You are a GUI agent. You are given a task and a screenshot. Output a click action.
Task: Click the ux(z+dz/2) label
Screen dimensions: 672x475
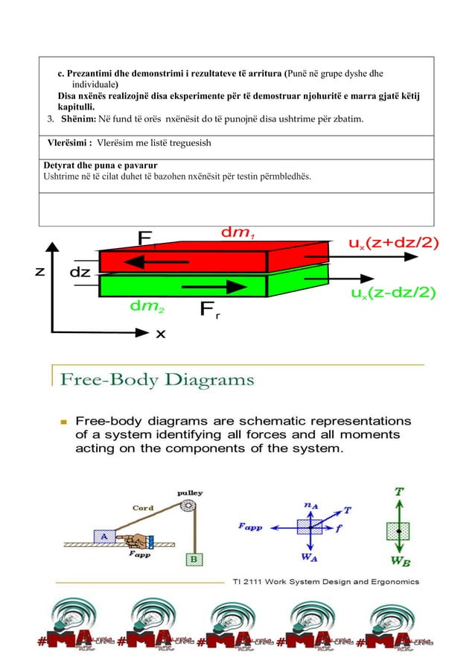click(394, 243)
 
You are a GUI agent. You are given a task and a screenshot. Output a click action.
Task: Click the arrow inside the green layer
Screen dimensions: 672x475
click(214, 286)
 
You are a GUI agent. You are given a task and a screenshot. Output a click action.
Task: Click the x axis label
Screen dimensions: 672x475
click(160, 335)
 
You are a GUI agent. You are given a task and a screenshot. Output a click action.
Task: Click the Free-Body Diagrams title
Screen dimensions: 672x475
click(157, 381)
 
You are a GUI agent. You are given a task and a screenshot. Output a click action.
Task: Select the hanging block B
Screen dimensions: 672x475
click(194, 559)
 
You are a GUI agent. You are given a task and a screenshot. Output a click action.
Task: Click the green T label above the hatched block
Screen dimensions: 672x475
click(400, 492)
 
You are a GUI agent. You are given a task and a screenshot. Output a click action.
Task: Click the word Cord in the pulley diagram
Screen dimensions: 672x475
click(143, 507)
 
